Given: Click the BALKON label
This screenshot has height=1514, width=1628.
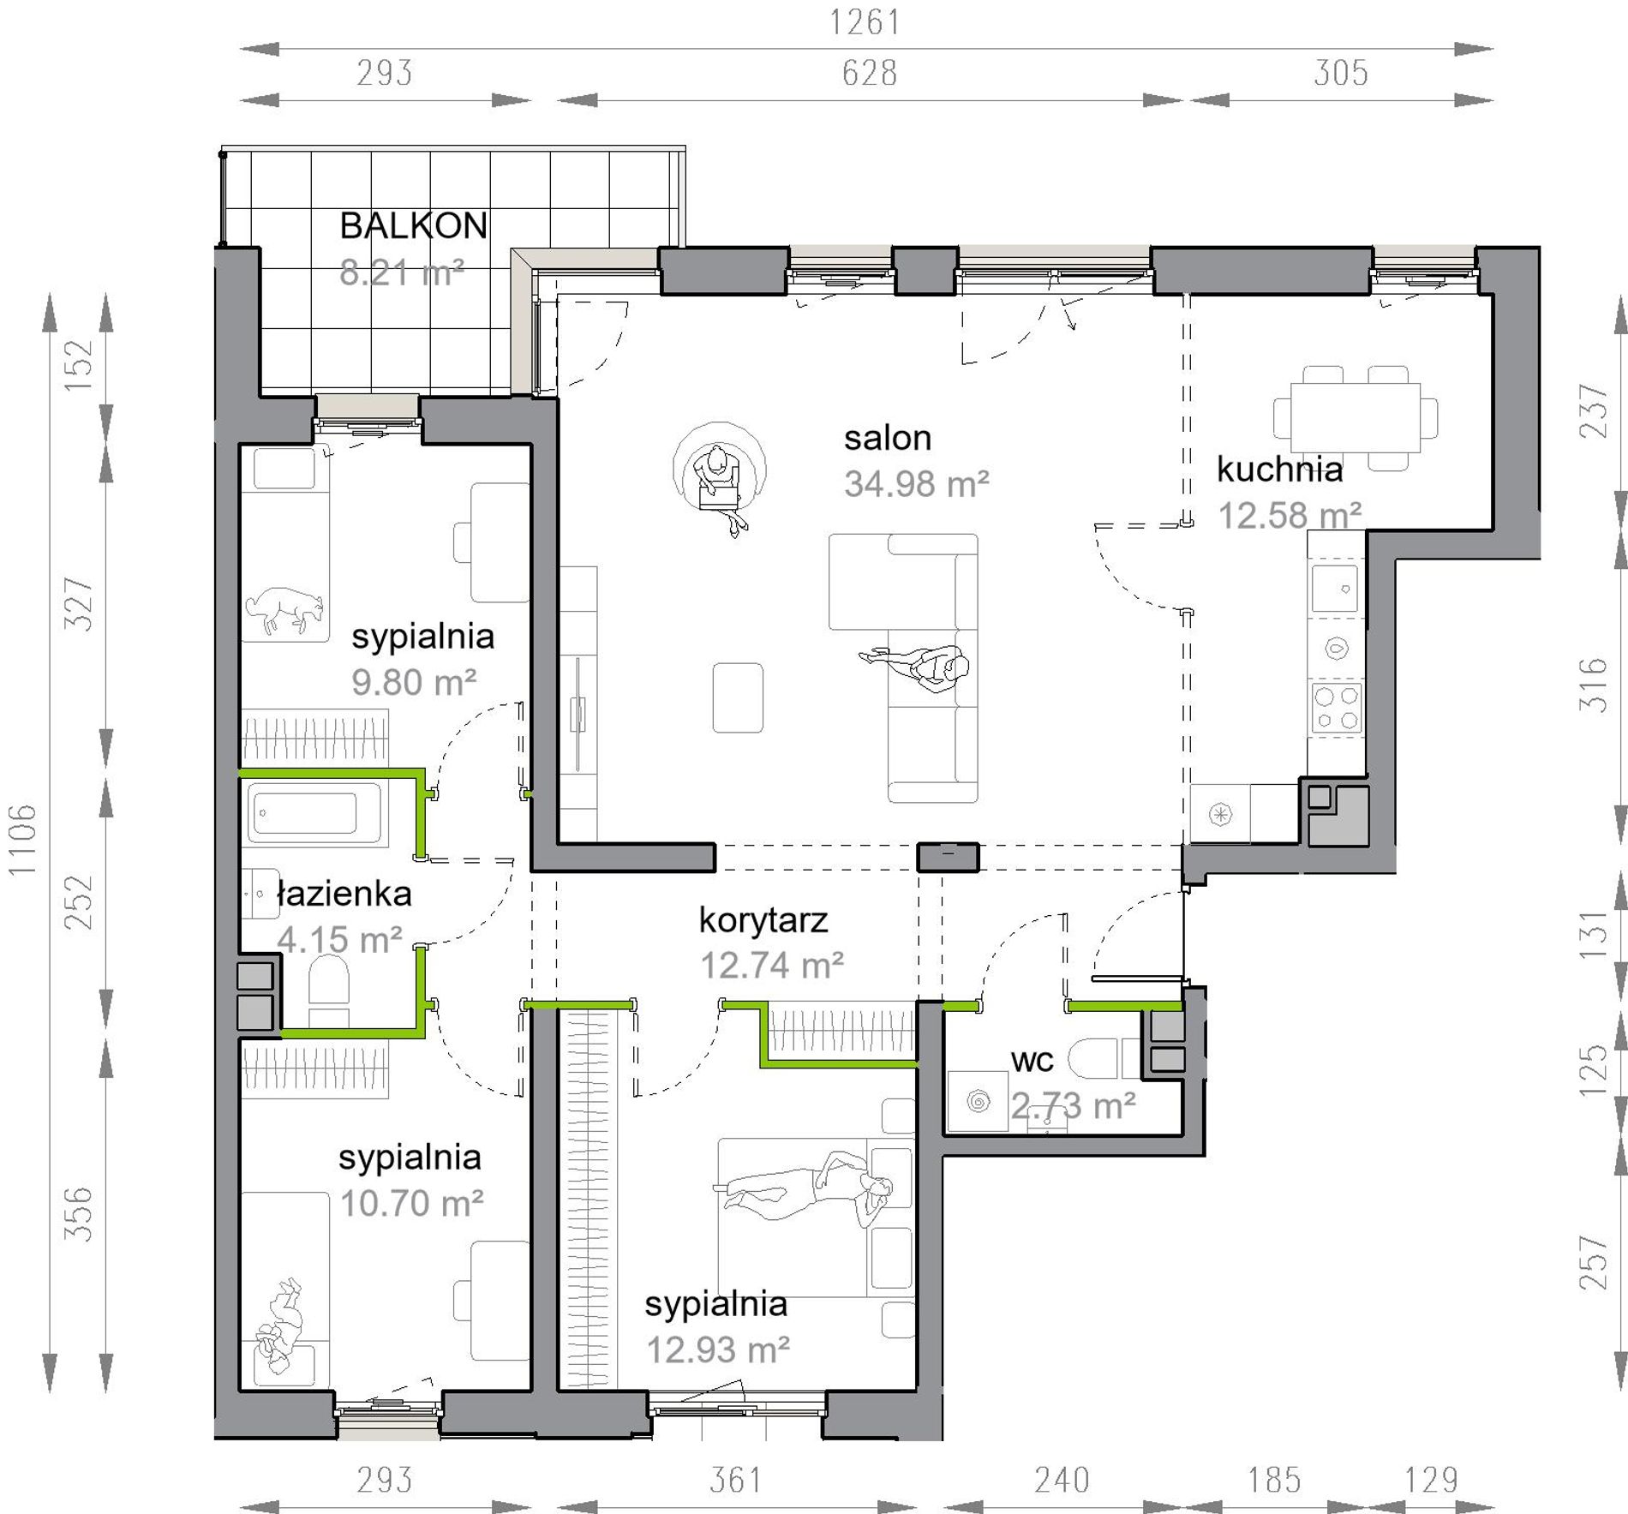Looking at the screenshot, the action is click(413, 226).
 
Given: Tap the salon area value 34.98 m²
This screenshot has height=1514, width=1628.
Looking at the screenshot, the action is click(917, 484).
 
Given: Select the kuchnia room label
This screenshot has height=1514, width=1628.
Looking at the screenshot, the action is click(1279, 470).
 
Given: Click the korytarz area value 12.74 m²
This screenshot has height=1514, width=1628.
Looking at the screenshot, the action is click(772, 966).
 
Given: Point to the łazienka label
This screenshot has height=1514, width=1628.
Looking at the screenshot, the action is click(344, 894).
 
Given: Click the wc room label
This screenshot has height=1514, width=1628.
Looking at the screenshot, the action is click(1032, 1061).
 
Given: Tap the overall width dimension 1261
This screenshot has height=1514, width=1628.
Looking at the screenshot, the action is click(865, 22).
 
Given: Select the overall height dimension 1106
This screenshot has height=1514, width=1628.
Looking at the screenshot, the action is click(22, 840).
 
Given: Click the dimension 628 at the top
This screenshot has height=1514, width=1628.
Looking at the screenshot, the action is click(870, 73).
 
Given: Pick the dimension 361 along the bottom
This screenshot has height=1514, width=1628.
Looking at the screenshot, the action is click(736, 1480).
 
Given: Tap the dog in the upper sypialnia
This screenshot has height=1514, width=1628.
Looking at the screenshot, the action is click(285, 609).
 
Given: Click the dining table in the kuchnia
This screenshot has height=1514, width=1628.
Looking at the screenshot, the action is click(1356, 418).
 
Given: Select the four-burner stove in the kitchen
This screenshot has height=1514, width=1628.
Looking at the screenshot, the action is click(1337, 708).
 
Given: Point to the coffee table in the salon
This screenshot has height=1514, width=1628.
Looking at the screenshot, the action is click(738, 697).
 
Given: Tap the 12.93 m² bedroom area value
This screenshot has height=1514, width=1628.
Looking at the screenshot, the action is click(718, 1349).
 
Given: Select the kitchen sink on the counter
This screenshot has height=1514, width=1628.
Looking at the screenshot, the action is click(1335, 588).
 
